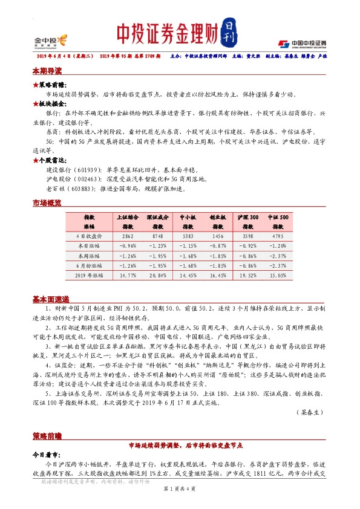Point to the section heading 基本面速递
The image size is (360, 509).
pos(51,299)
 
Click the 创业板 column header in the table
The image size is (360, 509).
pos(218,216)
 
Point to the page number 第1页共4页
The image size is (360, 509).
pos(179,504)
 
